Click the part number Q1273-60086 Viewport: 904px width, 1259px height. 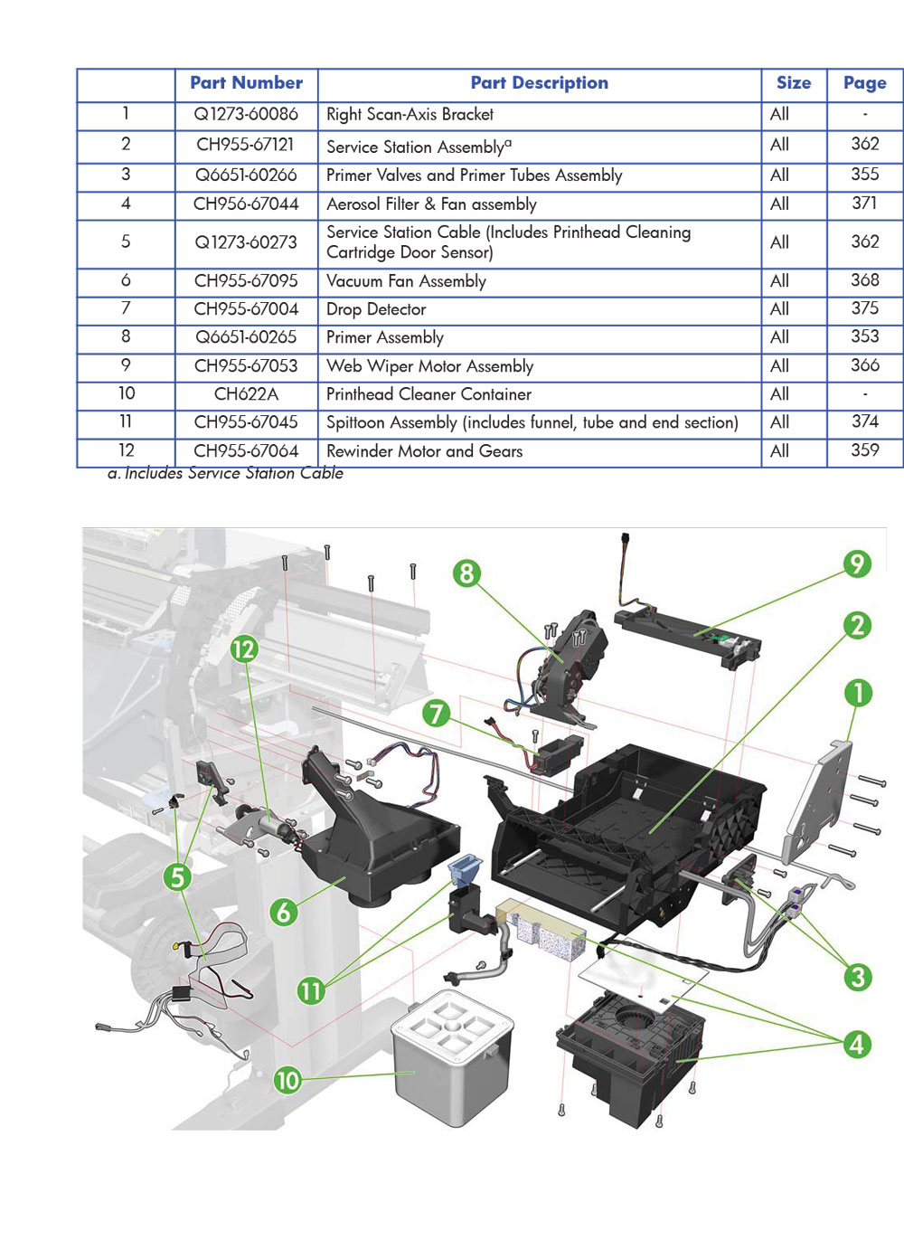tap(246, 115)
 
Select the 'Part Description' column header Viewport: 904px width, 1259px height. tap(539, 83)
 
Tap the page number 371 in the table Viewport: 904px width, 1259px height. tap(864, 204)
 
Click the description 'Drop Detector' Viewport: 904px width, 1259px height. tap(376, 309)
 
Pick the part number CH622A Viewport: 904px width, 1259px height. tap(246, 394)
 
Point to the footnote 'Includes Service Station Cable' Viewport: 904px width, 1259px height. tap(226, 473)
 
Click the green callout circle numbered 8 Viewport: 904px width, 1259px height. tap(466, 573)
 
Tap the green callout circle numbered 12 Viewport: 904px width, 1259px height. tap(244, 648)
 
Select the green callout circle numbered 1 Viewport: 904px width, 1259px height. tap(858, 694)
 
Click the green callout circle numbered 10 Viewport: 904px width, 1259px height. tap(287, 1080)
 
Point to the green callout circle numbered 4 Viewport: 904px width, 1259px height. tap(857, 1045)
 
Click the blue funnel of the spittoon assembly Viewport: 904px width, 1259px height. tap(466, 869)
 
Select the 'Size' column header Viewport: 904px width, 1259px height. tap(793, 83)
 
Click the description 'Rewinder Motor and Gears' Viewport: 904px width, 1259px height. tap(424, 451)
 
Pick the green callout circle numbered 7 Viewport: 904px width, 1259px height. tap(437, 714)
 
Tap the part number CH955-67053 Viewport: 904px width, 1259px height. tap(246, 366)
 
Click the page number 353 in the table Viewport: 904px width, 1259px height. tap(864, 336)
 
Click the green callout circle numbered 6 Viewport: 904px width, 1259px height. tap(283, 911)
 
